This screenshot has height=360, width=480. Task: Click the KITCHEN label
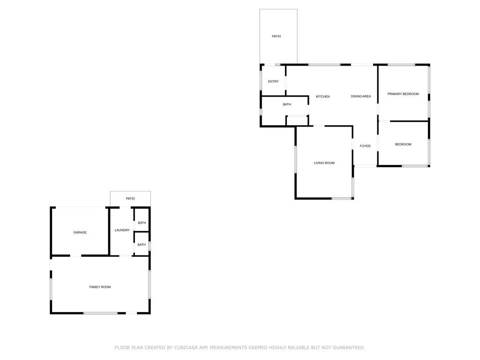click(322, 97)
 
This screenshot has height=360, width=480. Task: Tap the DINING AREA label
click(360, 97)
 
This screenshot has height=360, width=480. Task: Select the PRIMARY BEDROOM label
click(403, 94)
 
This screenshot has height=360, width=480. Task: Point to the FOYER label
click(365, 146)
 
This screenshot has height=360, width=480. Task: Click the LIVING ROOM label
click(324, 163)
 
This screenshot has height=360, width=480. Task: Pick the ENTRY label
click(273, 82)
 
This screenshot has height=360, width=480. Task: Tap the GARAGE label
click(80, 232)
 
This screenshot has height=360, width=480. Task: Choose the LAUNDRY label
click(122, 230)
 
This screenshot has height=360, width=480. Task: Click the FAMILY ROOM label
click(100, 287)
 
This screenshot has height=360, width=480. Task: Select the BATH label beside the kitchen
click(286, 105)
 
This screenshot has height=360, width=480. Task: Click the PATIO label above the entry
click(277, 36)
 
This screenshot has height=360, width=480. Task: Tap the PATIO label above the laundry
click(130, 199)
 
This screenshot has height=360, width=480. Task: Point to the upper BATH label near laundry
click(142, 223)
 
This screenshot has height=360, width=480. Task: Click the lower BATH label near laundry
click(142, 245)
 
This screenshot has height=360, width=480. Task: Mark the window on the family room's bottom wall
click(100, 313)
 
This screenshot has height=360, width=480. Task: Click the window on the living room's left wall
click(295, 159)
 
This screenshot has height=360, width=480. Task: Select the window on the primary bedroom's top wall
click(401, 65)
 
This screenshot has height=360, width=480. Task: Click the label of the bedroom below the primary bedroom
click(403, 144)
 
